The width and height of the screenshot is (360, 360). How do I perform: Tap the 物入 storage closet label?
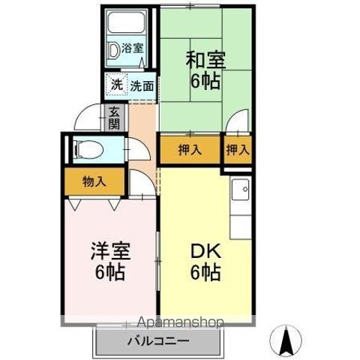94,181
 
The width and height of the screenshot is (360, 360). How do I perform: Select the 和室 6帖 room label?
204,70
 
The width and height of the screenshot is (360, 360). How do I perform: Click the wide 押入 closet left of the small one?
190,149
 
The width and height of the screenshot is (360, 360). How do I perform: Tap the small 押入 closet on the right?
238,149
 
